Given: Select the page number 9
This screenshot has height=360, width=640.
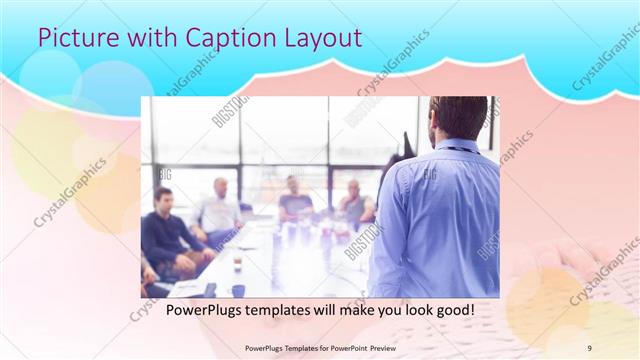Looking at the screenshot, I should (589, 348).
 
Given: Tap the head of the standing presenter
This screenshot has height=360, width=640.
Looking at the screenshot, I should (457, 119).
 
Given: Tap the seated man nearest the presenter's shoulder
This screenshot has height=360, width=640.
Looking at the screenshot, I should (354, 204).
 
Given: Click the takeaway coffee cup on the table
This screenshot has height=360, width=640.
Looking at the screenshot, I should (237, 262).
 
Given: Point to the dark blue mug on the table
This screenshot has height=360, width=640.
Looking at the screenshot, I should (238, 291).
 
